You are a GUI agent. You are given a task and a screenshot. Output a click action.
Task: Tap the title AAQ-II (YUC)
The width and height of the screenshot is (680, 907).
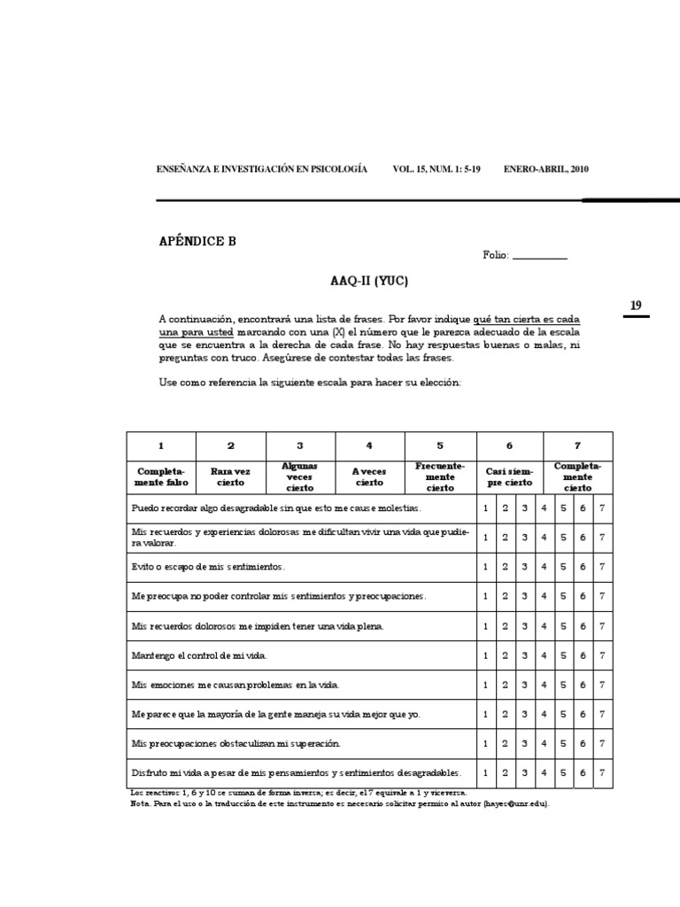[x=370, y=282]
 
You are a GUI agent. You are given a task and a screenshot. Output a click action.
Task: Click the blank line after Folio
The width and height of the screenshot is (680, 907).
[x=539, y=256]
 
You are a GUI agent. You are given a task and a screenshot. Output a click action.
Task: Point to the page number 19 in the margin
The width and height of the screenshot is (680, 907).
[x=636, y=306]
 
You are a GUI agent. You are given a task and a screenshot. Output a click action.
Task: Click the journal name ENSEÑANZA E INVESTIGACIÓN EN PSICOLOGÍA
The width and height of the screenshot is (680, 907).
[x=261, y=169]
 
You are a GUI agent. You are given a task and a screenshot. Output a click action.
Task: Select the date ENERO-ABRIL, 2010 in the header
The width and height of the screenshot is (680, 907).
[x=545, y=169]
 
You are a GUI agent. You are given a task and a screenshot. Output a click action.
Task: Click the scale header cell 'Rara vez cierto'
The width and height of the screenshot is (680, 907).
[x=230, y=477]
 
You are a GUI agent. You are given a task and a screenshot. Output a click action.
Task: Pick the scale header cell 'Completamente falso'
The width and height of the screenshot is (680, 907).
[x=160, y=477]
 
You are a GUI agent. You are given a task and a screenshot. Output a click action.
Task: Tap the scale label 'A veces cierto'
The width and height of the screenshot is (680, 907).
[x=369, y=477]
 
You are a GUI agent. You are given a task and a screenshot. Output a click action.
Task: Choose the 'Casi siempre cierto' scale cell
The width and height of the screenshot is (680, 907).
[x=509, y=477]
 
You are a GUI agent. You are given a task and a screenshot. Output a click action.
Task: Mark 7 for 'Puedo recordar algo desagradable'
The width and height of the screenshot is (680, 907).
[x=602, y=508]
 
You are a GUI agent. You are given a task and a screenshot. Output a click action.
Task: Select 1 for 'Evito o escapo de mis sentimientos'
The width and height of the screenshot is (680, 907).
[x=485, y=566]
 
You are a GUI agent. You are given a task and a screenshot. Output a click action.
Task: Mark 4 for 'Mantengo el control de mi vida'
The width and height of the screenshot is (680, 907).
[x=544, y=655]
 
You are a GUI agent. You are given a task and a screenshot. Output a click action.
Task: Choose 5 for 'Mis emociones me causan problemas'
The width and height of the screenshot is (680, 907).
[x=563, y=685]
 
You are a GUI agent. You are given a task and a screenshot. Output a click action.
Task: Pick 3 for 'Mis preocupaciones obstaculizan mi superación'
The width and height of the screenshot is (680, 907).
[x=524, y=744]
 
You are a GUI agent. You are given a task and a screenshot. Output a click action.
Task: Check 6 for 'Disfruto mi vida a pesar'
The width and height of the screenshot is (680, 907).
[x=583, y=773]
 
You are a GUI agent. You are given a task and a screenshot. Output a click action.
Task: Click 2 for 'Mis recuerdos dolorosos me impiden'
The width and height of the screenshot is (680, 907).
[x=505, y=626]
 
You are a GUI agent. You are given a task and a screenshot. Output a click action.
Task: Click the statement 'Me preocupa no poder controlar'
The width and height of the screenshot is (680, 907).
[x=279, y=596]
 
